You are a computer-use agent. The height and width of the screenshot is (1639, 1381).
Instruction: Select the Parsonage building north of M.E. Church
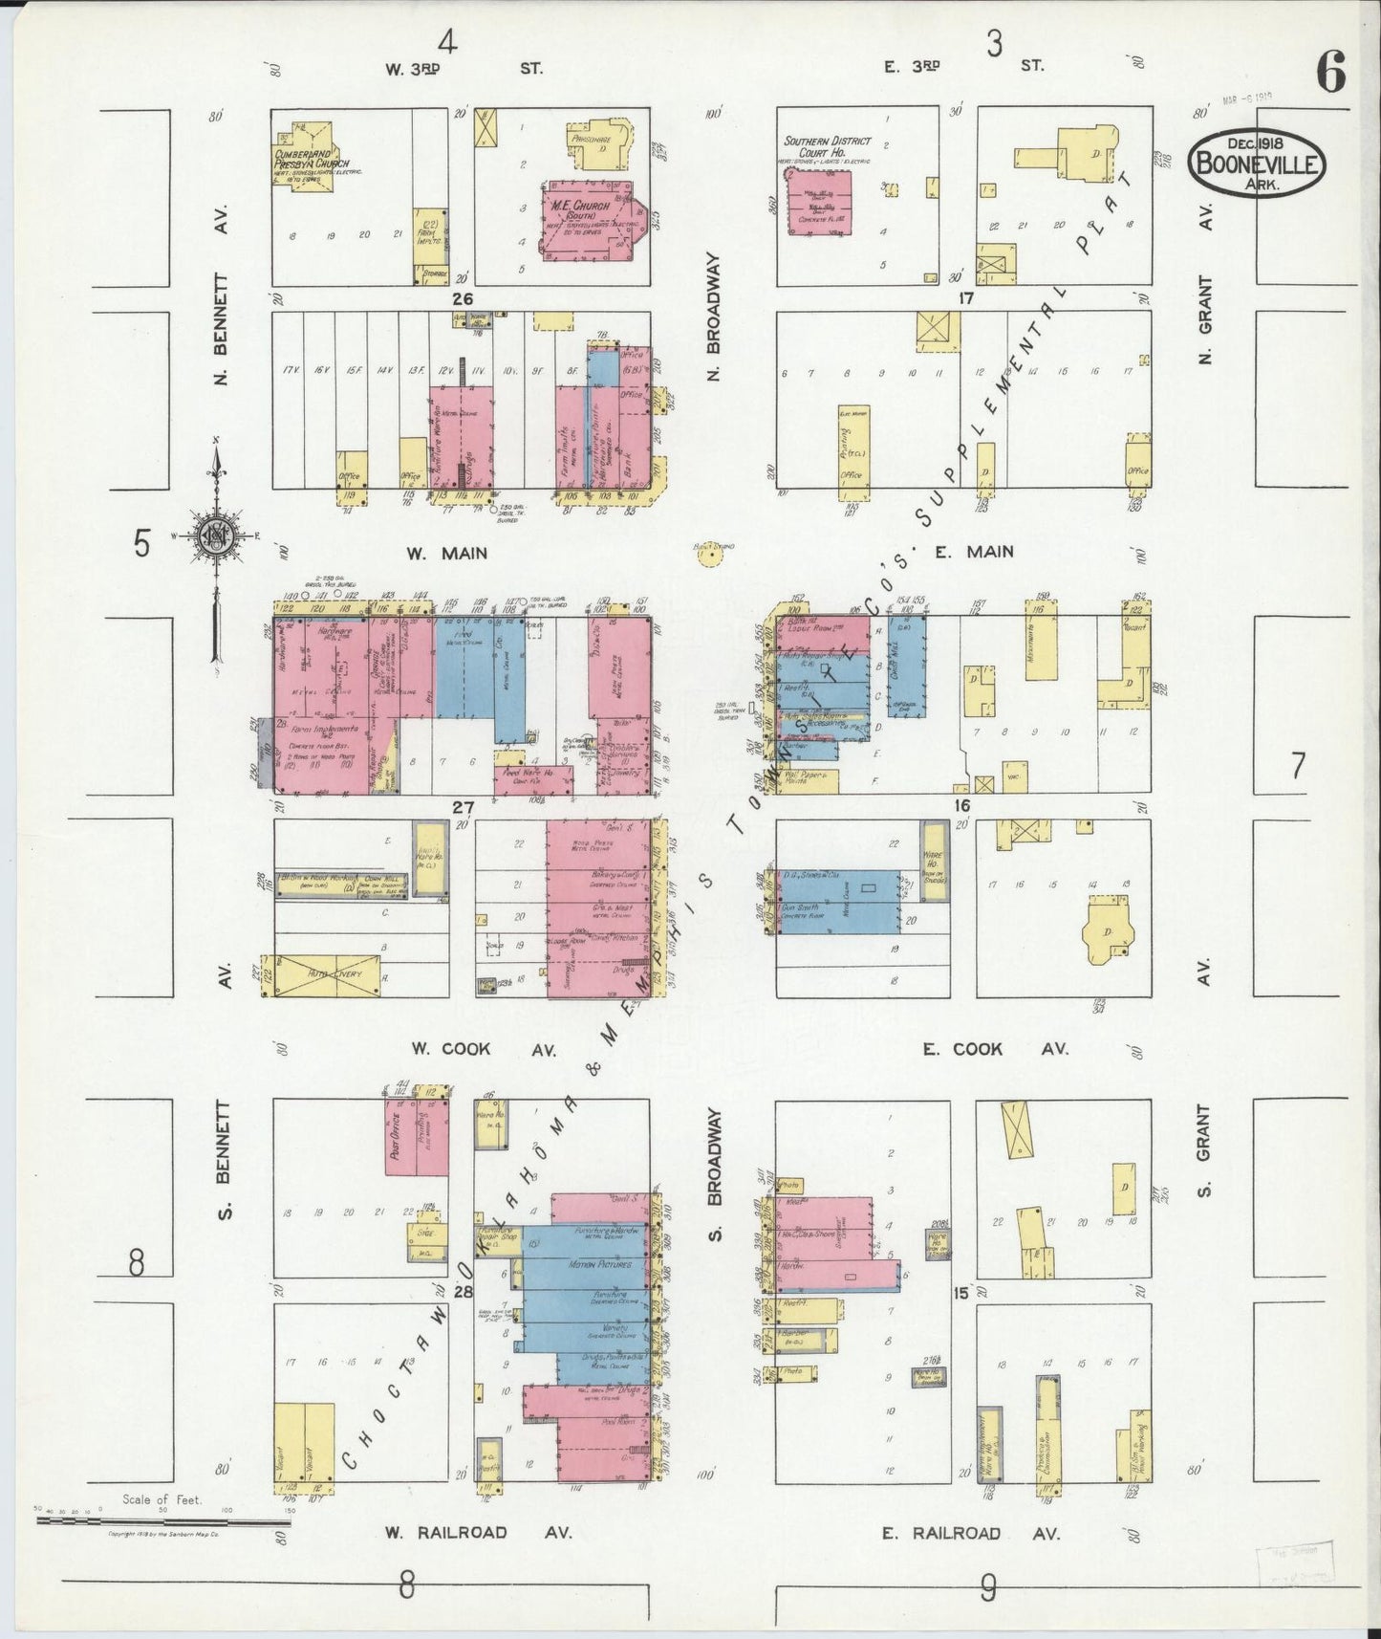click(x=600, y=144)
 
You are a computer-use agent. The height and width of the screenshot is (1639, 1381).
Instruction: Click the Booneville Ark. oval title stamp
click(x=1257, y=164)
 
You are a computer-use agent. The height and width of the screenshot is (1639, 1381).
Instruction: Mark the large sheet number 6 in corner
click(x=1331, y=72)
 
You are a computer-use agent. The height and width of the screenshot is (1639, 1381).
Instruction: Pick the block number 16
click(x=962, y=806)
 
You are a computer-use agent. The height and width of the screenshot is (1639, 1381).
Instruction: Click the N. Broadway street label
click(x=713, y=317)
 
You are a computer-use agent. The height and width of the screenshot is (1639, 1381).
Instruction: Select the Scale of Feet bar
click(x=162, y=1519)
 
